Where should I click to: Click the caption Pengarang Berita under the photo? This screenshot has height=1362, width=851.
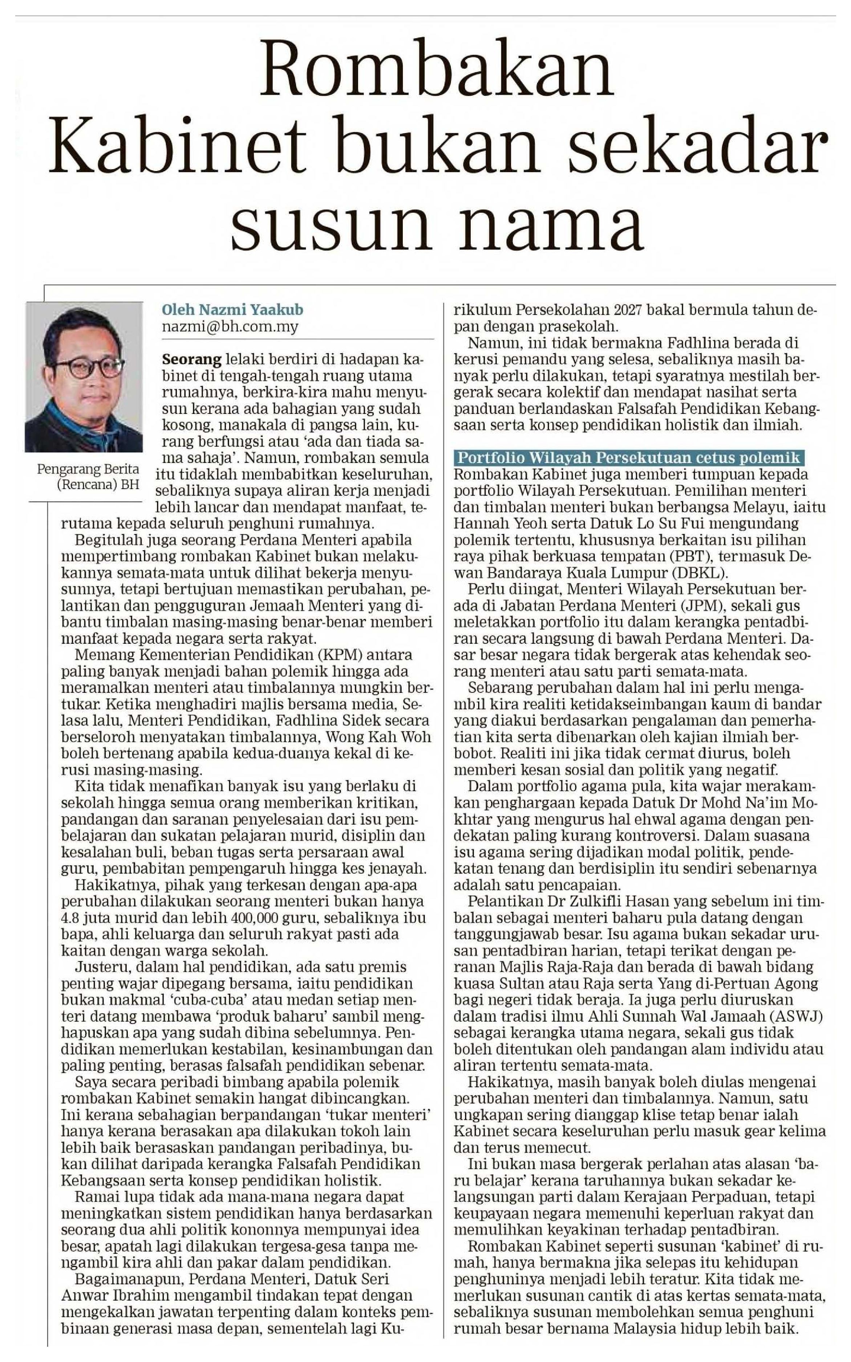[x=88, y=469]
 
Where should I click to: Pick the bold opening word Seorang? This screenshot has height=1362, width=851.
[x=192, y=359]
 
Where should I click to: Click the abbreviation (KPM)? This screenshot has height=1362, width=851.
[x=321, y=655]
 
